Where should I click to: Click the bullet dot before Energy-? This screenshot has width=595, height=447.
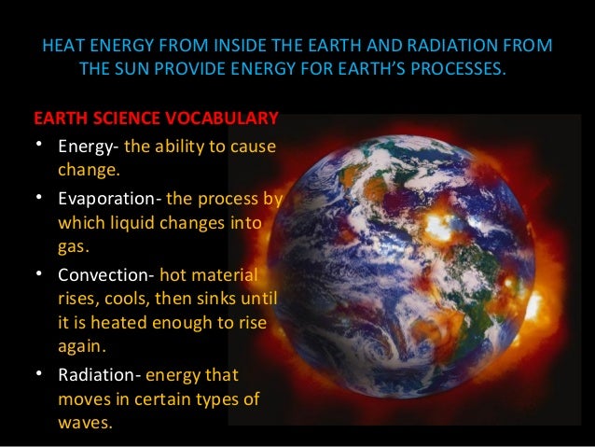(x=37, y=147)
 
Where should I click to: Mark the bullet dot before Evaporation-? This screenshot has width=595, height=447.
(x=37, y=199)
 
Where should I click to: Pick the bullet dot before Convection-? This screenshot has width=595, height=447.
(x=37, y=275)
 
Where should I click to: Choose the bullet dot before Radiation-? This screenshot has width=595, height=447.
(x=37, y=375)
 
